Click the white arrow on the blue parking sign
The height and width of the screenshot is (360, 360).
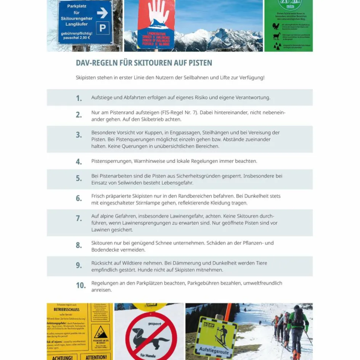pos(102,13)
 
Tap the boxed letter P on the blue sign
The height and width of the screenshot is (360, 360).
pos(102,28)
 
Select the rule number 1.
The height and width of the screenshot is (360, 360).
pos(79,98)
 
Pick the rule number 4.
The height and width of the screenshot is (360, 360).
pos(79,162)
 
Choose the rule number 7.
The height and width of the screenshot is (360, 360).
pos(79,219)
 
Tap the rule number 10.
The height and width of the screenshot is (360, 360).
pos(80,285)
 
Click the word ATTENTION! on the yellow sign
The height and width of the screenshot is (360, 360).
pos(96,357)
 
